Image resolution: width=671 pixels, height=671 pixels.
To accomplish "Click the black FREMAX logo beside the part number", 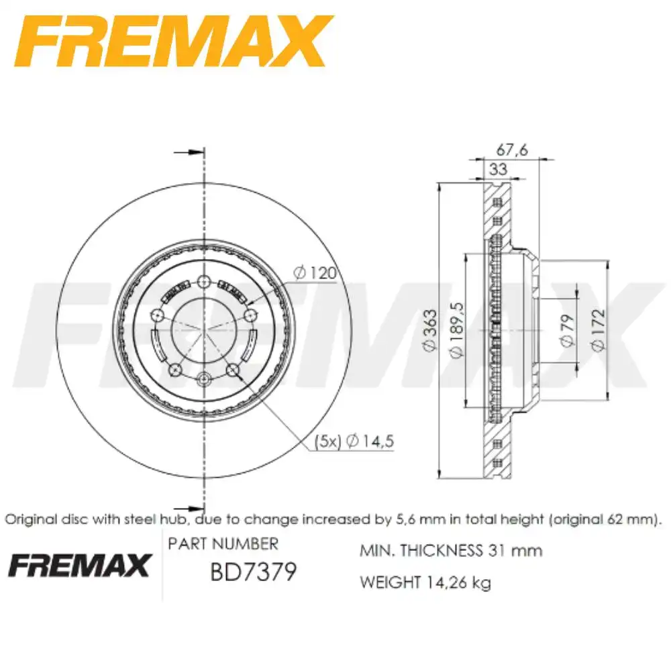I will click(79, 566).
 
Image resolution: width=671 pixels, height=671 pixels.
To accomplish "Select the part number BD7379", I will click(253, 572).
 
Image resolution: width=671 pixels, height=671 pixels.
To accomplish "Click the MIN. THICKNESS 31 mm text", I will click(451, 551).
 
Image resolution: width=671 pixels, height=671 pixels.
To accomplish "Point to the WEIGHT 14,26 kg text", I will click(425, 582).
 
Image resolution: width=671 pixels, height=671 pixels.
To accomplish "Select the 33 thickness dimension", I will click(497, 169).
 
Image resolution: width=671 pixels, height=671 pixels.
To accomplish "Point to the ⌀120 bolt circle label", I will click(314, 273).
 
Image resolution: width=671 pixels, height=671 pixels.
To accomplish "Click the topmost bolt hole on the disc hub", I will click(204, 282).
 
